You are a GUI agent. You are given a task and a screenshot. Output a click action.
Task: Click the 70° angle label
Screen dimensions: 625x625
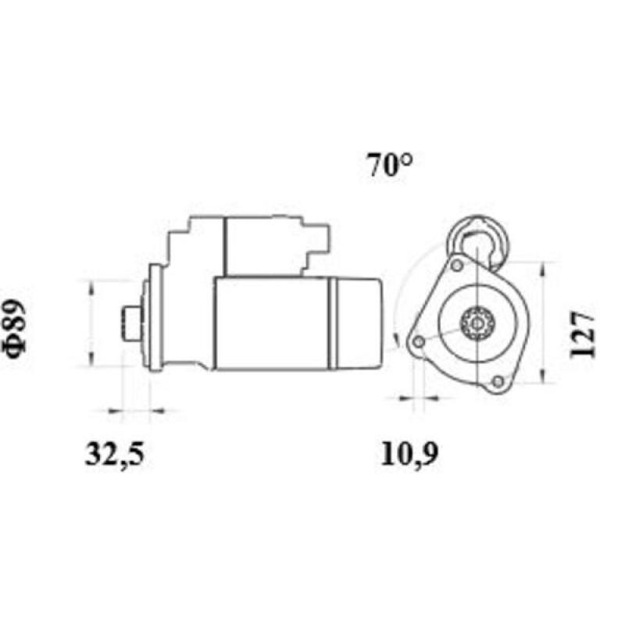click(387, 166)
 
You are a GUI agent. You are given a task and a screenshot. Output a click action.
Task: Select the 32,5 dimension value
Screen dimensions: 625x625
click(115, 454)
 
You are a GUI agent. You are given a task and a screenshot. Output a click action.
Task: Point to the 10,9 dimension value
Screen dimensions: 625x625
click(409, 454)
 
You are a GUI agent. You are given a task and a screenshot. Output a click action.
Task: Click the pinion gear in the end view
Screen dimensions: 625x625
click(474, 322)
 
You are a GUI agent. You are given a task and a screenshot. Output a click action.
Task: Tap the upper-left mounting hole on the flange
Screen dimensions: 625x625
click(456, 265)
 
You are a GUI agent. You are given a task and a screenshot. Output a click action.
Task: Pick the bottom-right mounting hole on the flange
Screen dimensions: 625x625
click(498, 381)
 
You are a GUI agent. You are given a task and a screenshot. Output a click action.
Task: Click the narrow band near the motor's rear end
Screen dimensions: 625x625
click(331, 323)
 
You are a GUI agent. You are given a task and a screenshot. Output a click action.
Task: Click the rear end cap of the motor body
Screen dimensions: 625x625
click(360, 323)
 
